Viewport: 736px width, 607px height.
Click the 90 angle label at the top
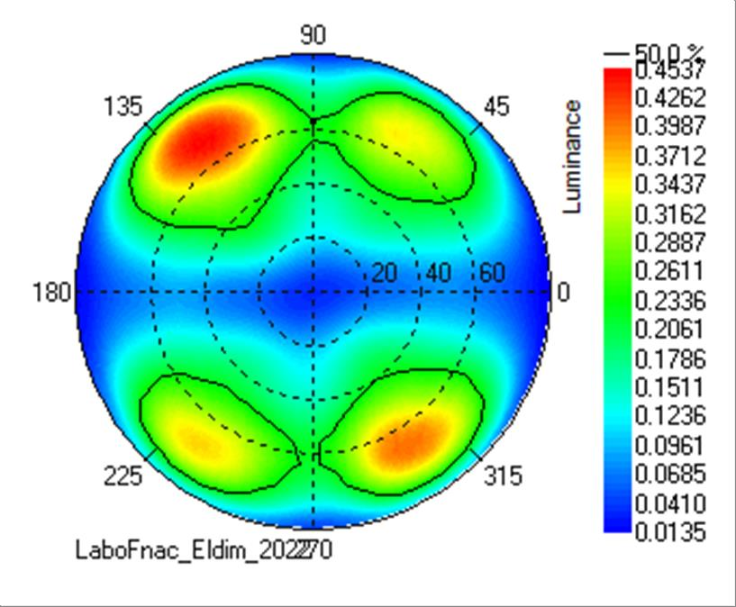pos(313,35)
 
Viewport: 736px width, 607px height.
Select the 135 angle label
pos(123,107)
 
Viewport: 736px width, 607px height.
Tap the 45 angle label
pos(496,107)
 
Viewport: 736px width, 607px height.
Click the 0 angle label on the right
pos(564,292)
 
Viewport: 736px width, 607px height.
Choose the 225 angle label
pos(123,476)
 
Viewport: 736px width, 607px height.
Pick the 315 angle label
pos(501,476)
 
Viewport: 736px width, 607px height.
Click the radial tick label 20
pos(385,273)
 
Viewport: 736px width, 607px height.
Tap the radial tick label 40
pos(439,273)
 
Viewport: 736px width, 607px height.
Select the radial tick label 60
pos(492,273)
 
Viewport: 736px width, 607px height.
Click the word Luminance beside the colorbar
pos(571,157)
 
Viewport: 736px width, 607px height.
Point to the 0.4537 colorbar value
pos(669,68)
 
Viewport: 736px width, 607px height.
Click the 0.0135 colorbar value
pos(669,531)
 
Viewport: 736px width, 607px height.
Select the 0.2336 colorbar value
pos(669,300)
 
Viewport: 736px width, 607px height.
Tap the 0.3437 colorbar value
pos(669,185)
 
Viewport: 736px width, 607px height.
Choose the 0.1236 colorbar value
pos(669,415)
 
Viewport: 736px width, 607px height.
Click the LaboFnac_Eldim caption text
pos(203,549)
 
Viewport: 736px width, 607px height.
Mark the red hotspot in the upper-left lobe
pos(205,135)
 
